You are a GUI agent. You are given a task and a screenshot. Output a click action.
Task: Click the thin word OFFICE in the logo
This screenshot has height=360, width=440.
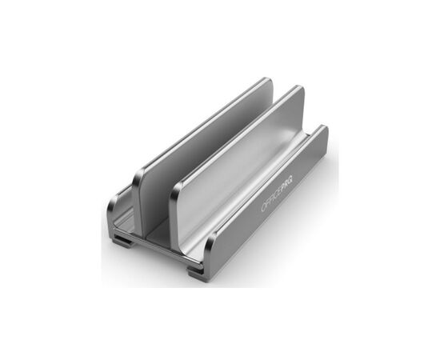click(x=270, y=199)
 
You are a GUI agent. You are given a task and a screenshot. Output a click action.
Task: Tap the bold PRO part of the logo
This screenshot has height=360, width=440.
click(x=287, y=182)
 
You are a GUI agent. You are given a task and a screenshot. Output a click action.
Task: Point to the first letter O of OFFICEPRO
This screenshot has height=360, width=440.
click(x=263, y=207)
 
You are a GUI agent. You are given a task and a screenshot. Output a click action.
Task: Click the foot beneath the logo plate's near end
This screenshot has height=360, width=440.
click(x=195, y=272)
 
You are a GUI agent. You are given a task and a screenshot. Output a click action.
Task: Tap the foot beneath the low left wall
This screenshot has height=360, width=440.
click(x=122, y=242)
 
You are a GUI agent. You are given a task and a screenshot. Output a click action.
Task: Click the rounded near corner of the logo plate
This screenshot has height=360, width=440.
click(x=209, y=242)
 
